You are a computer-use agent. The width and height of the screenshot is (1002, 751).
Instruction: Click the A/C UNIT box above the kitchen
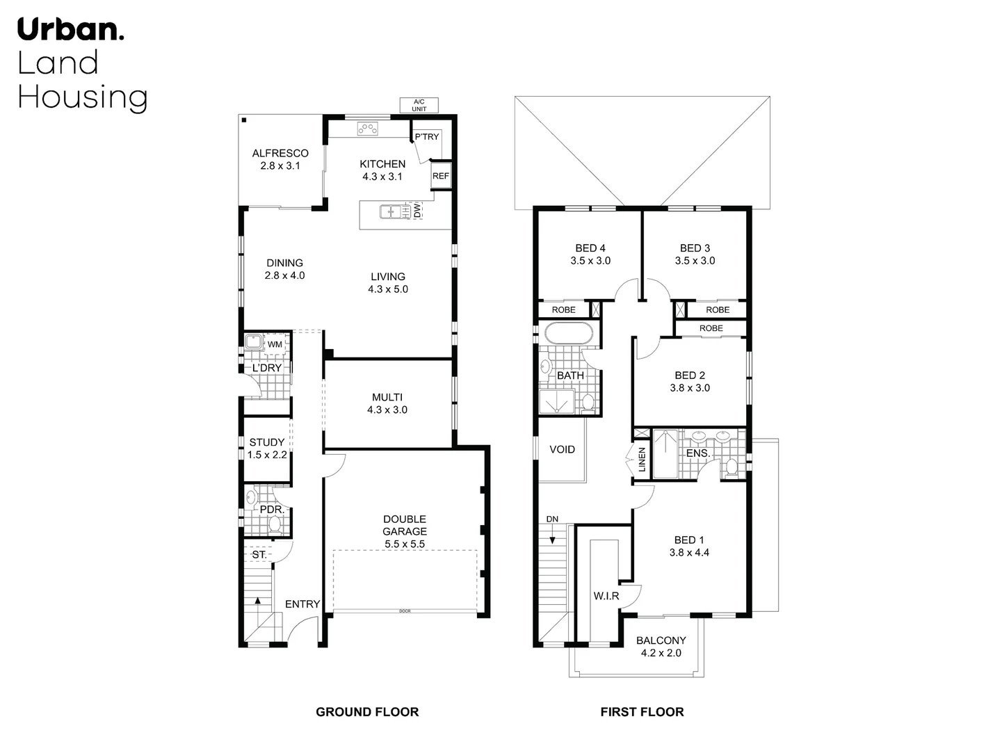pos(419,105)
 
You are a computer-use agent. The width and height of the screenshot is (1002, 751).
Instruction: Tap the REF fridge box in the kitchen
pos(441,176)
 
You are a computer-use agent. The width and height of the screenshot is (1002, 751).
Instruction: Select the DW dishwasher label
pos(417,211)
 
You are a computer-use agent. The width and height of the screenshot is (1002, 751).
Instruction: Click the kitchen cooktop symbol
pos(367,128)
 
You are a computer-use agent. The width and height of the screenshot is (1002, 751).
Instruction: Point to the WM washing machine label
pos(275,344)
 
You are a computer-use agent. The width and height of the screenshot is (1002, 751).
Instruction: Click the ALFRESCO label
pos(280,153)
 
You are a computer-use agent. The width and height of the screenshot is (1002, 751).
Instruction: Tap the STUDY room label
pos(267,442)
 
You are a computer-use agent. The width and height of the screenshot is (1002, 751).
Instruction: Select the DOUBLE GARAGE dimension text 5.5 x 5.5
pos(404,544)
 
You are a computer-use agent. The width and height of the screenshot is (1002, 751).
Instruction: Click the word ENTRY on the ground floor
pos(302,604)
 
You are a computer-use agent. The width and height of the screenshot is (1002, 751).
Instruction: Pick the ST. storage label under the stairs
pos(259,555)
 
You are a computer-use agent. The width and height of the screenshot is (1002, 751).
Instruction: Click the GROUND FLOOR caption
pos(367,711)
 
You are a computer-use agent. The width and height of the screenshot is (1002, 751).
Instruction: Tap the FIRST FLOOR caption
pos(642,711)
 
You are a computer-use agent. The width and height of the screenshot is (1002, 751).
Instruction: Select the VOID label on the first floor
pos(562,449)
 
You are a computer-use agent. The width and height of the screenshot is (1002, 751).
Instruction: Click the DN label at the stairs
pos(552,519)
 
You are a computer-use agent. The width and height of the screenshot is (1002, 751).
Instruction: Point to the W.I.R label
pos(606,596)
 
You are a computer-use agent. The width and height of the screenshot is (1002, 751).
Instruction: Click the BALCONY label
pos(661,640)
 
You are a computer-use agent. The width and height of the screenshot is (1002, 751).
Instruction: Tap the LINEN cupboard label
pos(642,460)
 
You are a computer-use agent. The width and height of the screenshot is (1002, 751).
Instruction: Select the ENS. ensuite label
pos(697,453)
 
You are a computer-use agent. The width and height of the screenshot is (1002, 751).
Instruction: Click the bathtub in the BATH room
pos(569,333)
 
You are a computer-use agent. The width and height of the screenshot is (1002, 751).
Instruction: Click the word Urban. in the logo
pos(71,30)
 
